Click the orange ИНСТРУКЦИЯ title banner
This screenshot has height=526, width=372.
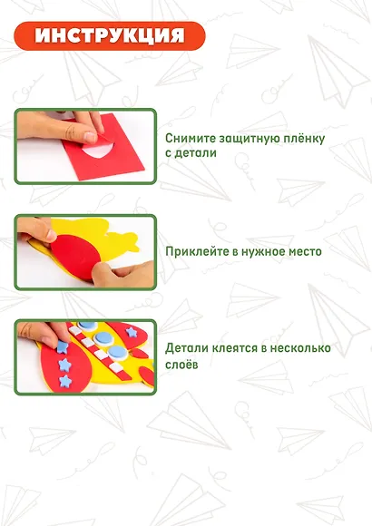(110, 36)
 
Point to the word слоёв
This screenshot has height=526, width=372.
(182, 365)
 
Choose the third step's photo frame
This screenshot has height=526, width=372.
(85, 356)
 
